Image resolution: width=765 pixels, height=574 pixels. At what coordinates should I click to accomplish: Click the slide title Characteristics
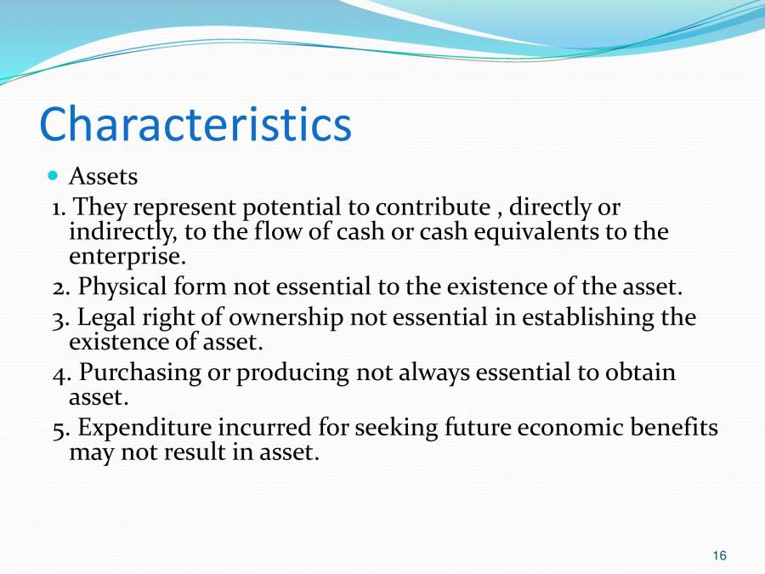click(x=195, y=124)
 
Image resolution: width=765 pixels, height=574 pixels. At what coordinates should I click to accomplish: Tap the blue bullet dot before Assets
click(x=53, y=176)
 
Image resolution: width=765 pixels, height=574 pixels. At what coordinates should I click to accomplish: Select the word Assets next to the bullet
click(x=103, y=177)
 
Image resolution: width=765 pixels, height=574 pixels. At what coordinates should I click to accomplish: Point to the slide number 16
click(x=719, y=555)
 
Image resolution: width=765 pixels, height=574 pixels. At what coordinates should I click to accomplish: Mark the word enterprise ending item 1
click(x=127, y=256)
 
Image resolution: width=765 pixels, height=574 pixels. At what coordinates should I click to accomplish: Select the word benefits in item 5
click(x=673, y=428)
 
